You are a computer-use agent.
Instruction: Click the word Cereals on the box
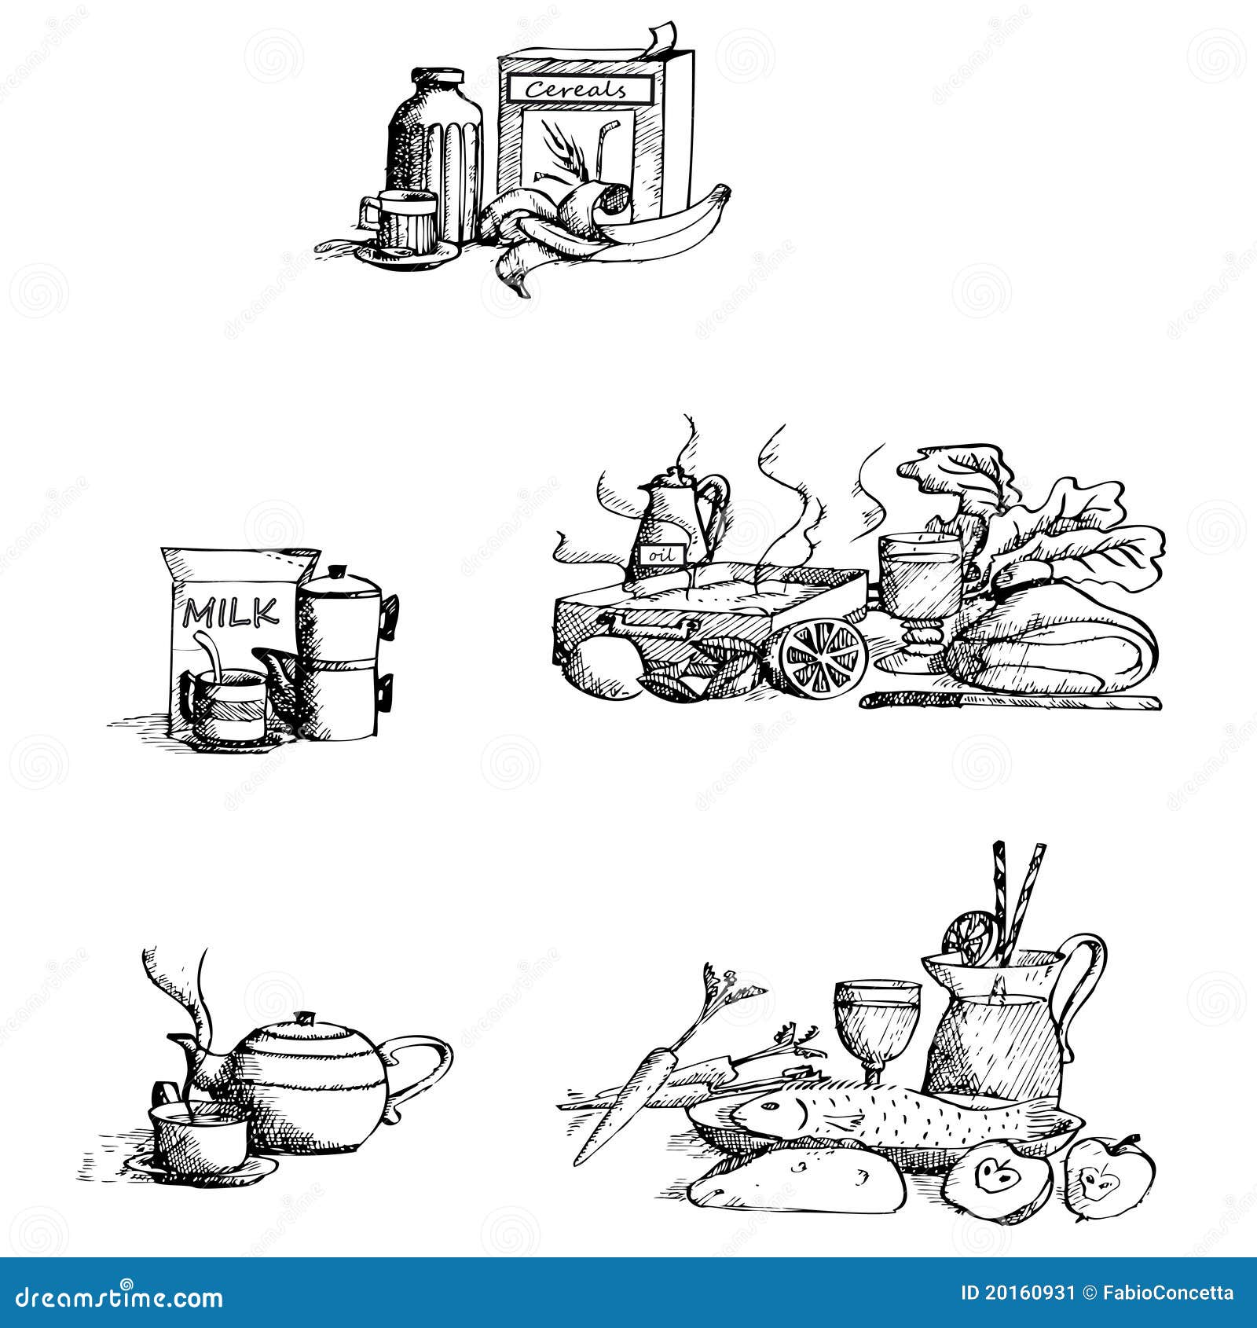coord(576,89)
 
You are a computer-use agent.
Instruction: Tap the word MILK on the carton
coord(231,612)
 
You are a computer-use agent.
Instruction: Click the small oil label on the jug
coord(659,555)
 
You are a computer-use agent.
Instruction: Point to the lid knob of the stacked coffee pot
coord(338,570)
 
